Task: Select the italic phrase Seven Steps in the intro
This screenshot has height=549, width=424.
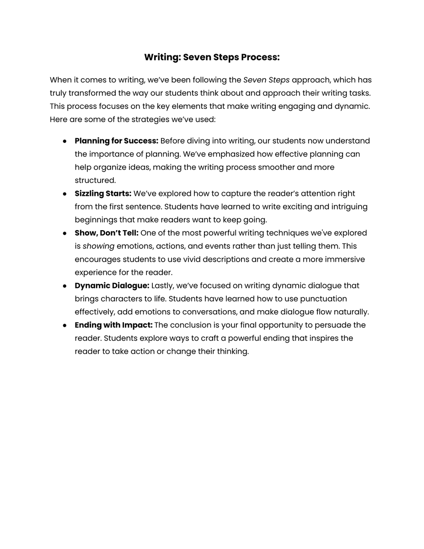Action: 266,80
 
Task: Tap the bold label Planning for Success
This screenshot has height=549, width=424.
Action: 116,141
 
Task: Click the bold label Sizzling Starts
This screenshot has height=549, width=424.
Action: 103,194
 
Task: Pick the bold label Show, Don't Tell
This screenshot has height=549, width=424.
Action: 107,233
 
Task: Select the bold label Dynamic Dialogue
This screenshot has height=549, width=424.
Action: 112,286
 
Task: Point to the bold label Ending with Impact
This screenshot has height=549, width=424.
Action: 113,325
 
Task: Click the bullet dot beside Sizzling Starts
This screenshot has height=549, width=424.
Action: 65,194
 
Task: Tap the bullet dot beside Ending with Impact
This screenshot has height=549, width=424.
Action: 65,326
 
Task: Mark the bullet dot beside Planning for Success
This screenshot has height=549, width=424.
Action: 65,141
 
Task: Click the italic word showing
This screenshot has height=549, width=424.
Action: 98,247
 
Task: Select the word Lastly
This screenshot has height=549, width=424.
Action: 162,286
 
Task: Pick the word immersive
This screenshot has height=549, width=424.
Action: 344,260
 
